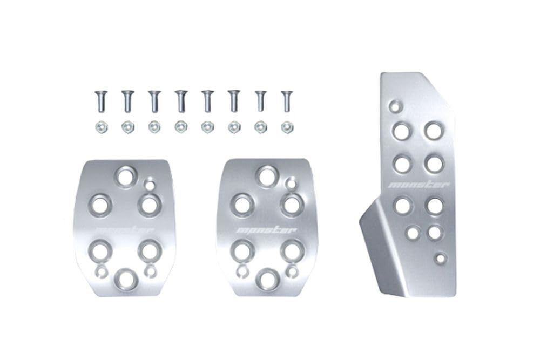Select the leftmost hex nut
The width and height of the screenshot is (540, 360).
[102, 128]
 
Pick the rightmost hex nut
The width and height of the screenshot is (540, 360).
[287, 128]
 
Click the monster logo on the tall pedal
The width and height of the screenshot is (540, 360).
[419, 185]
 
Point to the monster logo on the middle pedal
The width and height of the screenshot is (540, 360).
[265, 230]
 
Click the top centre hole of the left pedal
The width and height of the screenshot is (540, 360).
[126, 175]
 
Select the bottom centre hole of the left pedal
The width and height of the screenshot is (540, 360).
[126, 278]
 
